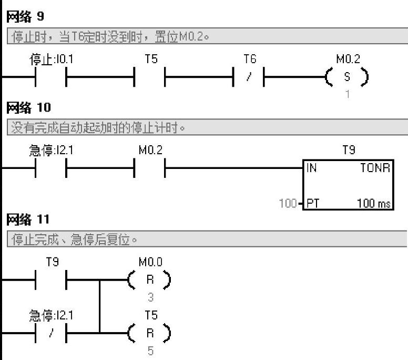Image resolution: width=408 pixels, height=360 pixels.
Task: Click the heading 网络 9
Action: (x=25, y=17)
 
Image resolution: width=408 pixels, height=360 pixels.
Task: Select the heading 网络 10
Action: (x=28, y=108)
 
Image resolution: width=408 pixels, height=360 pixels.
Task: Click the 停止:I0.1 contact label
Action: (x=51, y=59)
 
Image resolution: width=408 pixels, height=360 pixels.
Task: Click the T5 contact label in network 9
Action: (x=151, y=59)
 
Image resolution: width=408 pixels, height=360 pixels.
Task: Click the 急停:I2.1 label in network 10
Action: (x=51, y=151)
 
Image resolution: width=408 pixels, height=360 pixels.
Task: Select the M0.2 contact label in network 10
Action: (x=150, y=151)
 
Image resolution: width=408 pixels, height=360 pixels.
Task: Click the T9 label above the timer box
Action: (x=348, y=151)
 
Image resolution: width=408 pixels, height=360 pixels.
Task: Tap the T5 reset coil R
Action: (x=150, y=334)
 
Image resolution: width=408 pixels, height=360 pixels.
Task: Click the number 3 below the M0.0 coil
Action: (x=150, y=297)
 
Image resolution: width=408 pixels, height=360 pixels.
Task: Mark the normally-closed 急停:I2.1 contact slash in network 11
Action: (x=51, y=334)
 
